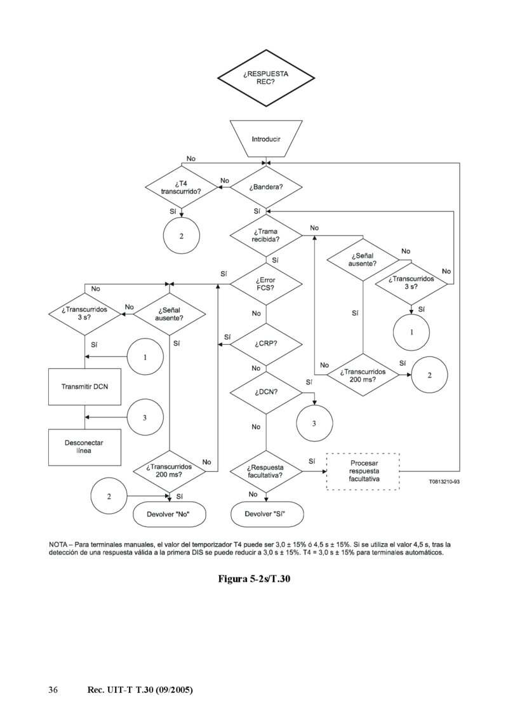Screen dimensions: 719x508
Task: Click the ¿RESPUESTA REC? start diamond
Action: point(265,78)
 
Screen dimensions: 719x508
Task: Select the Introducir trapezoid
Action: point(265,138)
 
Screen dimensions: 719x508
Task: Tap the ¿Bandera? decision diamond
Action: point(265,187)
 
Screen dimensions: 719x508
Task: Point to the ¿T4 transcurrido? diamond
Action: point(182,187)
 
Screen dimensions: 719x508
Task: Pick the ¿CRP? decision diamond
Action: point(265,344)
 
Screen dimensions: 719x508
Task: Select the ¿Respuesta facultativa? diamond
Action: point(265,471)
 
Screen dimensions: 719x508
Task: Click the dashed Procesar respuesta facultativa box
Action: point(363,471)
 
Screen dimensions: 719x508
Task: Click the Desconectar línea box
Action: point(84,447)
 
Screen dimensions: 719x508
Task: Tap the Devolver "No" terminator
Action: point(170,513)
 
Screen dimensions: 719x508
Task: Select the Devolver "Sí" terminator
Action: point(265,513)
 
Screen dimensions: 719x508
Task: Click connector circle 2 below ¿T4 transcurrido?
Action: point(182,236)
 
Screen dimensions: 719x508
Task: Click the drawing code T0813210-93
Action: point(444,482)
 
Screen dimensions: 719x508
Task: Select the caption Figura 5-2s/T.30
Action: point(254,579)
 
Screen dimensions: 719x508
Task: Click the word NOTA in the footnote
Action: point(60,544)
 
